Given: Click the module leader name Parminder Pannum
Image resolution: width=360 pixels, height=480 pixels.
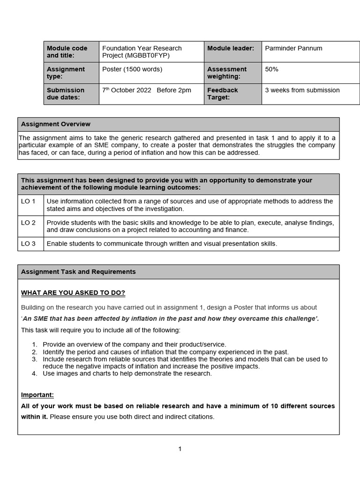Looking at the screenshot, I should [293, 48].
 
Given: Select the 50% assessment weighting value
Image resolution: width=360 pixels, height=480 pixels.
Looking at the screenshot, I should [271, 69].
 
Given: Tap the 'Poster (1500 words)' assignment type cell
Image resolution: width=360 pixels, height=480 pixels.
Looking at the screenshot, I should [132, 69].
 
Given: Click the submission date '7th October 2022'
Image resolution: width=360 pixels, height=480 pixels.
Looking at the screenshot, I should [127, 90].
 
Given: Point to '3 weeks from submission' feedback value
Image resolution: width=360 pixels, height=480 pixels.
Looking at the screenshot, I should [302, 90].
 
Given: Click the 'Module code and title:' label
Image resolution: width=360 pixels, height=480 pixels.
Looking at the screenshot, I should [67, 52].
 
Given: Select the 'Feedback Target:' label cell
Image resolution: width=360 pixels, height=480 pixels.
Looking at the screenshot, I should [223, 93].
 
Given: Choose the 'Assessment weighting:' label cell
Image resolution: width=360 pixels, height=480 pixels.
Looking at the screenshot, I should [227, 73].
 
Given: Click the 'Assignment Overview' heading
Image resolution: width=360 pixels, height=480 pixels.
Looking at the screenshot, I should [56, 124].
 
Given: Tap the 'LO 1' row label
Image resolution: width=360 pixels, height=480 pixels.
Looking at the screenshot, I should [28, 201].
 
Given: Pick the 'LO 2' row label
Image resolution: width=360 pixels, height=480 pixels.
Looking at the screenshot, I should [28, 222].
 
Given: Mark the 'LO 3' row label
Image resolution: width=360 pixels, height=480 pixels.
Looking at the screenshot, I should [28, 243].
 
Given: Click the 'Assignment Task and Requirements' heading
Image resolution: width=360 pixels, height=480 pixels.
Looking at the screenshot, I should [78, 271].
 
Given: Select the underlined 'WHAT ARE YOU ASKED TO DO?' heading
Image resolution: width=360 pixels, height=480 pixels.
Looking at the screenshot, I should [73, 293].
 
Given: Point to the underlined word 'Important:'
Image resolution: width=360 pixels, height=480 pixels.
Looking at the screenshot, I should [37, 395].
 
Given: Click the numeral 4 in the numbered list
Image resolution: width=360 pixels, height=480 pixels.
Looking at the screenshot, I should [34, 373].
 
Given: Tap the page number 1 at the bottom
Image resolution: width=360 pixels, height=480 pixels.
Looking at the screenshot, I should [180, 449].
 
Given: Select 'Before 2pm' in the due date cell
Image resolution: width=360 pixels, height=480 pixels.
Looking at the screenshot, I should [174, 90].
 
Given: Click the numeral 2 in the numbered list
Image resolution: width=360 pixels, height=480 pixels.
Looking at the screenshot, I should [34, 352].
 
